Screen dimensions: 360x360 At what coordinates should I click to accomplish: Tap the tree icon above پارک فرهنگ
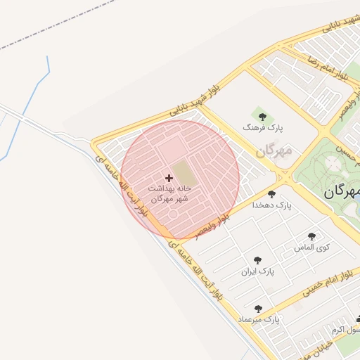(x=262, y=116)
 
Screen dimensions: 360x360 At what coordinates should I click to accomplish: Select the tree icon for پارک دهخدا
(x=271, y=194)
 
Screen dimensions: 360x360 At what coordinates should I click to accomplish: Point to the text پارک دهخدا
(x=274, y=205)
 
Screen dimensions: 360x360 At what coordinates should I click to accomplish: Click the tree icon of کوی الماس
(x=311, y=236)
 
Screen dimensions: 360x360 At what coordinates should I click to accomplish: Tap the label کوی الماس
(x=314, y=247)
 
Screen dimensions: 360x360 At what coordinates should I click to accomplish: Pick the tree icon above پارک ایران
(x=257, y=259)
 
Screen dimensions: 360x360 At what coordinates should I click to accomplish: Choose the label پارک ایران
(x=258, y=271)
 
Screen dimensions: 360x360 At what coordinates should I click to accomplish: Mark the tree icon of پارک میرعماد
(x=258, y=308)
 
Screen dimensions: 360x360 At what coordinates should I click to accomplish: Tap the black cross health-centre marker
(x=169, y=178)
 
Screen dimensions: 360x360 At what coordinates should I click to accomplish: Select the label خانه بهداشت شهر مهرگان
(x=169, y=194)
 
